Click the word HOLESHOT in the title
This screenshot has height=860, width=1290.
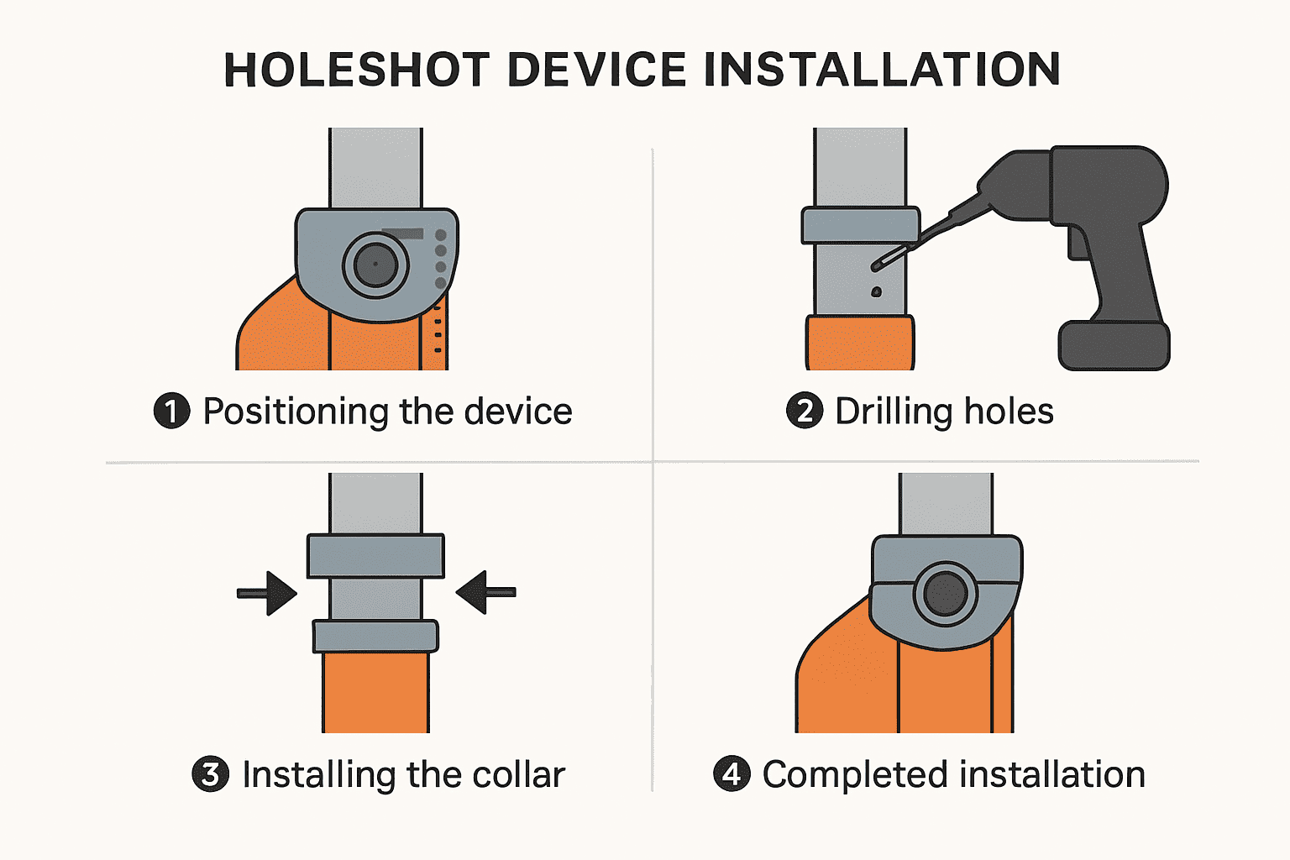pos(356,70)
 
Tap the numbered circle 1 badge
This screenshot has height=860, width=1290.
pos(171,412)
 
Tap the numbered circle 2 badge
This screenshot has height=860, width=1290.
pos(804,412)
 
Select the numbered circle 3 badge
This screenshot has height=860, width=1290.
pos(210,774)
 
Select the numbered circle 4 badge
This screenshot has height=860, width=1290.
pos(732,774)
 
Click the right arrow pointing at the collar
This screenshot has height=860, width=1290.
pos(485,593)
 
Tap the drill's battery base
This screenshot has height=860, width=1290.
pos(1114,345)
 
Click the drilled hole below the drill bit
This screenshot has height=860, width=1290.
pos(876,292)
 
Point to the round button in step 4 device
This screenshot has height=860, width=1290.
pos(945,594)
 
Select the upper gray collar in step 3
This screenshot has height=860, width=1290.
pos(375,556)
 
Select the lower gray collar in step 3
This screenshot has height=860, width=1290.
pos(375,636)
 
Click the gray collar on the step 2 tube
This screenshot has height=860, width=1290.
pos(860,225)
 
